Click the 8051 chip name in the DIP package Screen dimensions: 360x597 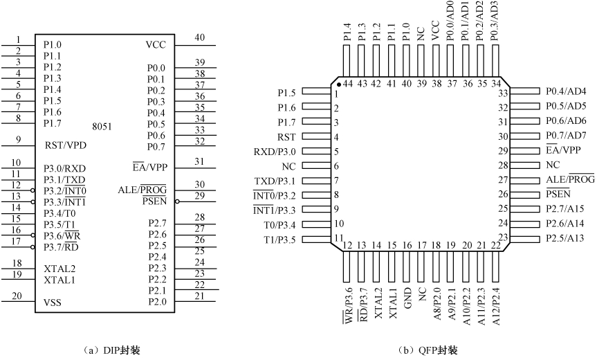(102, 127)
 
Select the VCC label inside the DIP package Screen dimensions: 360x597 (156, 45)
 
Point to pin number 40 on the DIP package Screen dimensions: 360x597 (199, 38)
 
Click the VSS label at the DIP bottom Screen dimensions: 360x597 (53, 303)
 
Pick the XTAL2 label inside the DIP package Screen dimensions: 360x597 (59, 269)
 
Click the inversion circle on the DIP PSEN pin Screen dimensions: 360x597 (178, 201)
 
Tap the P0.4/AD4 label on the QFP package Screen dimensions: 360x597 (566, 91)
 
